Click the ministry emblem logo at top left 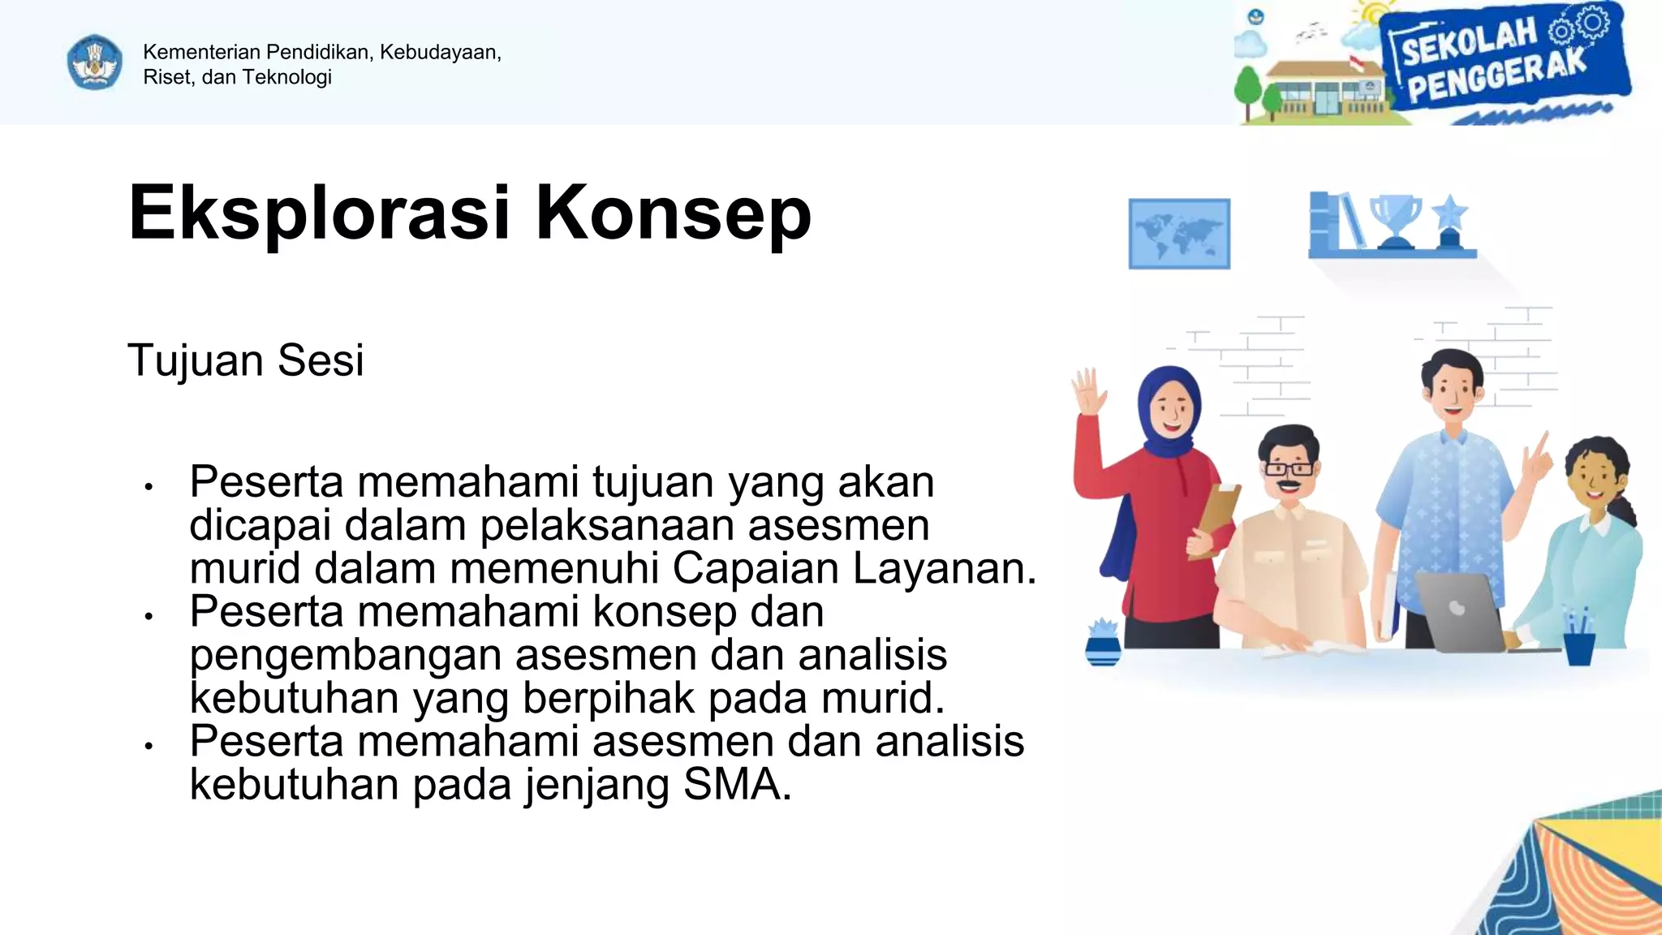coord(95,62)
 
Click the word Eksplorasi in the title coord(319,213)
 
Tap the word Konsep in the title coord(673,213)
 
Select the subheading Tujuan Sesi coord(245,360)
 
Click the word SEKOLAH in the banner coord(1470,43)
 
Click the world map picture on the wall coord(1178,233)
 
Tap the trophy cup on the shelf coord(1396,219)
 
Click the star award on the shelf coord(1449,221)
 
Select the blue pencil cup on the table coord(1578,645)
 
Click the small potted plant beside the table coord(1103,641)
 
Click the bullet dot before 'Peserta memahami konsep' coord(149,616)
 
